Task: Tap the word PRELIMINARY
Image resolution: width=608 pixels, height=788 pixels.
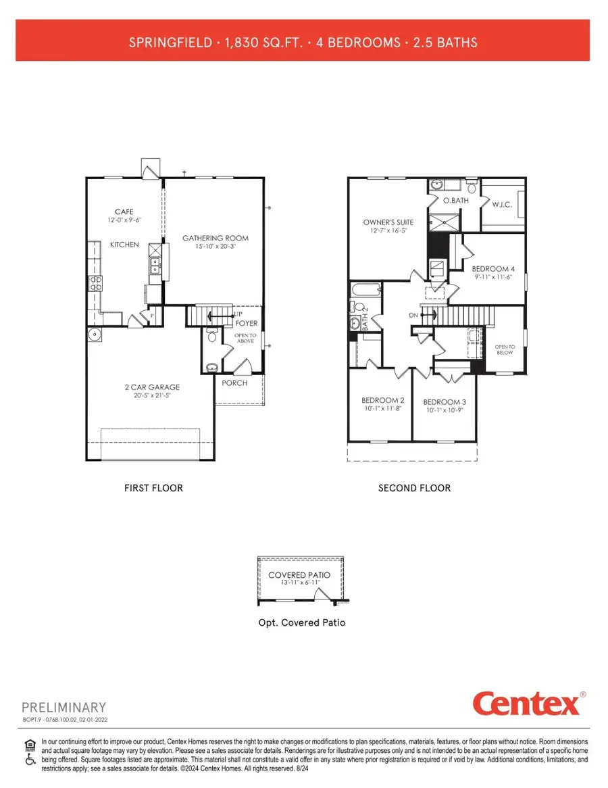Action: tap(64, 708)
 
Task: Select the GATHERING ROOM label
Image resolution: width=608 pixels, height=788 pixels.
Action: tap(216, 238)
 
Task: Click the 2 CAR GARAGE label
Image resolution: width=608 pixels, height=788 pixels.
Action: tap(151, 387)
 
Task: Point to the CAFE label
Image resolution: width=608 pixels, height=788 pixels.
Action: tap(124, 212)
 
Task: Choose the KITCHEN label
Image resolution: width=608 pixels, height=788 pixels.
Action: tap(124, 244)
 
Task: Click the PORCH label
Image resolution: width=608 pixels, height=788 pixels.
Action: tap(234, 383)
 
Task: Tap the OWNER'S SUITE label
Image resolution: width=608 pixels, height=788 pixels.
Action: tap(388, 222)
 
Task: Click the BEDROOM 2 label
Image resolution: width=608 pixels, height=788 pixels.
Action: tap(383, 400)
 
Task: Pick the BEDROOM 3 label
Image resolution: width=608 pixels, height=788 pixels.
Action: tap(445, 401)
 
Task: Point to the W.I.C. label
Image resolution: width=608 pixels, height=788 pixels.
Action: tap(501, 203)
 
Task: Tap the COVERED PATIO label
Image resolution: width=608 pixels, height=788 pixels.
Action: tap(299, 574)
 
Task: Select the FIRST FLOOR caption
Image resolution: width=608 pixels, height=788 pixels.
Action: tap(153, 488)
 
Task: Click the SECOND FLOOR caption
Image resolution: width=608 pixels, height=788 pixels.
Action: tap(414, 488)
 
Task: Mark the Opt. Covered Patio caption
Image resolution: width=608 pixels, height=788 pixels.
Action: tap(302, 622)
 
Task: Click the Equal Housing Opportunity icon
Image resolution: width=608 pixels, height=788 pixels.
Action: tap(29, 744)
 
